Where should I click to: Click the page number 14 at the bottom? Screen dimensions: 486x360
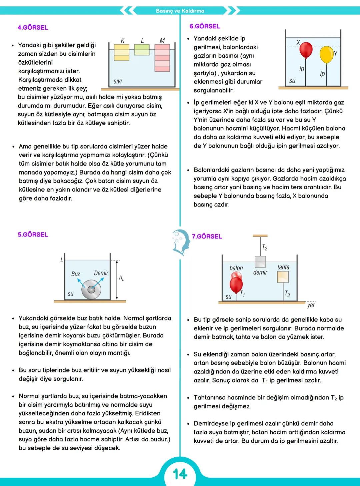[x=180, y=473]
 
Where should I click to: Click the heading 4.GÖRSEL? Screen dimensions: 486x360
[x=33, y=28]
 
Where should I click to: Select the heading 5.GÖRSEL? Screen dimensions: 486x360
[x=33, y=235]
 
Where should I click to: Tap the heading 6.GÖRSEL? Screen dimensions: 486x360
[x=205, y=26]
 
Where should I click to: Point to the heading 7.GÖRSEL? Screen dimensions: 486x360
[x=207, y=237]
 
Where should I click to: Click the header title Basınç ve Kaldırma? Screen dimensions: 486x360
[x=180, y=11]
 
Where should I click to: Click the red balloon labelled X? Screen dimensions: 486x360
[x=306, y=50]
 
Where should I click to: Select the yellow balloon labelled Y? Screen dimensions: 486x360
[x=326, y=55]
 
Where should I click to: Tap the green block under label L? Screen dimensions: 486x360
[x=142, y=50]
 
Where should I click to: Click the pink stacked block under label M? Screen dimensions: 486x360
[x=162, y=58]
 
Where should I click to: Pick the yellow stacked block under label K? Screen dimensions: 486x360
[x=122, y=53]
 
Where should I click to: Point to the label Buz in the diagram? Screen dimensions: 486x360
[x=76, y=274]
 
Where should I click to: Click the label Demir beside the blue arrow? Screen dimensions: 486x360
[x=101, y=273]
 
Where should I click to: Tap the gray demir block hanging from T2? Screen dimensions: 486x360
[x=260, y=262]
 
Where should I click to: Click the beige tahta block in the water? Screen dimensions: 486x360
[x=283, y=277]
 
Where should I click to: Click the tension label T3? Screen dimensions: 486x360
[x=287, y=294]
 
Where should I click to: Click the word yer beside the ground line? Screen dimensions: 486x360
[x=311, y=305]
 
